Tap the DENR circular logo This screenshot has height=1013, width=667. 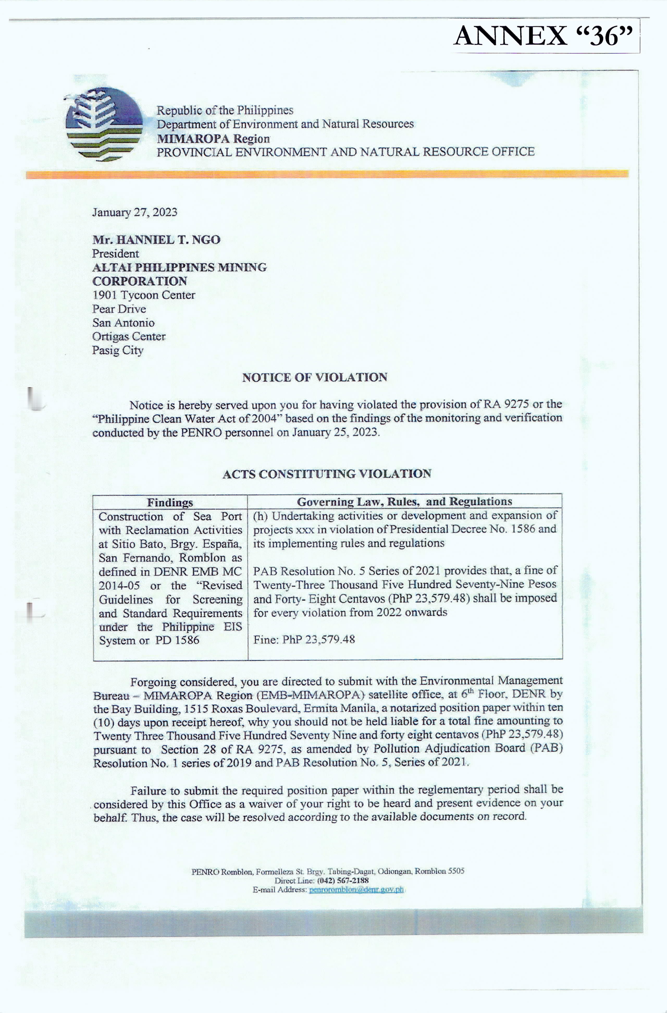pyautogui.click(x=104, y=124)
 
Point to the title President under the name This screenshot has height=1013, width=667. pyautogui.click(x=115, y=254)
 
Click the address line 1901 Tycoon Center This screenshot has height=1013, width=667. pyautogui.click(x=143, y=295)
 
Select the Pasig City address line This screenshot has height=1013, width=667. pyautogui.click(x=118, y=350)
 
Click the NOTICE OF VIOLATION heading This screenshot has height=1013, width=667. pyautogui.click(x=314, y=377)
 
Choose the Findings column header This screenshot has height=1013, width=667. pyautogui.click(x=170, y=502)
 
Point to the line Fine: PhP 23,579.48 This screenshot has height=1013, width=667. pyautogui.click(x=304, y=639)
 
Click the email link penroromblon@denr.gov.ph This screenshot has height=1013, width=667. pyautogui.click(x=356, y=889)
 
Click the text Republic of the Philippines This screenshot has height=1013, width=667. pyautogui.click(x=225, y=110)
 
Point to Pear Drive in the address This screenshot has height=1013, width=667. pyautogui.click(x=119, y=309)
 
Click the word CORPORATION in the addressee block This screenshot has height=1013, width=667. pyautogui.click(x=140, y=281)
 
